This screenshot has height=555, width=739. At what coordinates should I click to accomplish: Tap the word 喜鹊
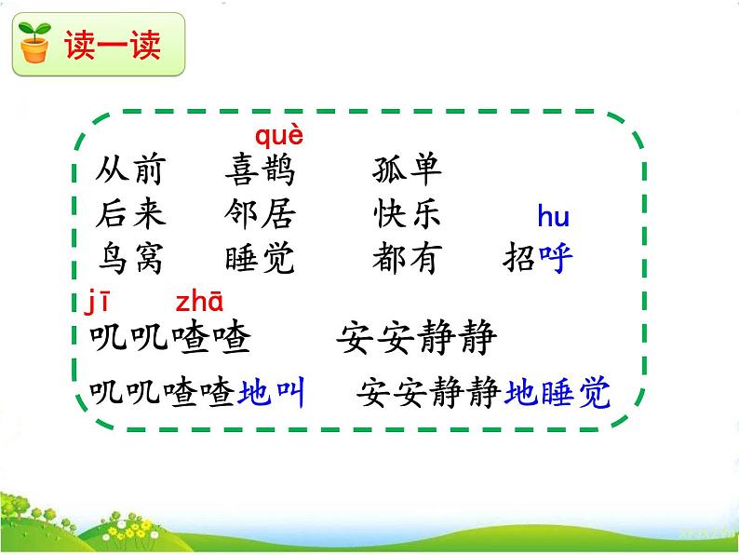[259, 170]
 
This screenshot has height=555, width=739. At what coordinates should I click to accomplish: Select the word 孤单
[406, 170]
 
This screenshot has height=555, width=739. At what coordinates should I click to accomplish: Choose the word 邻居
[259, 214]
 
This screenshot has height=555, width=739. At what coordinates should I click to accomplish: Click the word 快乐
[406, 214]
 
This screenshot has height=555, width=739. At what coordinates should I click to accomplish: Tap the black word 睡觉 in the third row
[259, 259]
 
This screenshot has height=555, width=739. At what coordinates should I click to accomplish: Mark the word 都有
[406, 259]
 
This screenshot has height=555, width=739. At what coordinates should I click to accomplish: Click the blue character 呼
[556, 259]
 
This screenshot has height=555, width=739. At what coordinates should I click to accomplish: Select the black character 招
[520, 259]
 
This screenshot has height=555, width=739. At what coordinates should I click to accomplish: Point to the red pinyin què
[278, 136]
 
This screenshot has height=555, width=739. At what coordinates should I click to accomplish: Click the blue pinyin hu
[553, 218]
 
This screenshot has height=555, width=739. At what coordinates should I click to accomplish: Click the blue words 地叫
[272, 394]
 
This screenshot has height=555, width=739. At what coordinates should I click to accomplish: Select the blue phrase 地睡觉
[558, 394]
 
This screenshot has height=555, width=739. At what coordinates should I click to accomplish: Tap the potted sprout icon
[35, 43]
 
